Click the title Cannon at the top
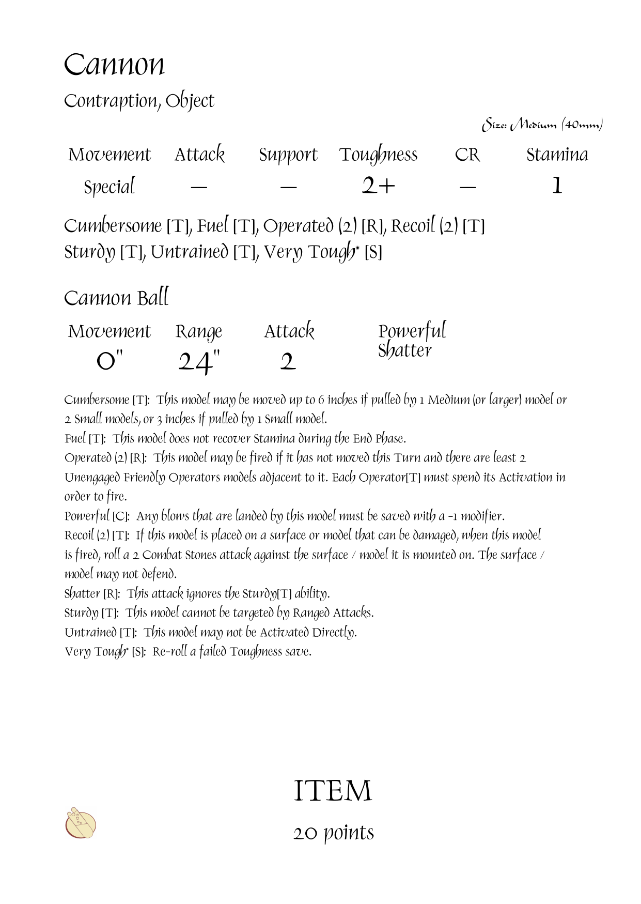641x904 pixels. click(114, 66)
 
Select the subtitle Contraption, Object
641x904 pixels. click(139, 101)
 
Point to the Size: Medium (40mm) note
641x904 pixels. click(542, 125)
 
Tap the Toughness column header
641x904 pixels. click(378, 155)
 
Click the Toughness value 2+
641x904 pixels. click(378, 186)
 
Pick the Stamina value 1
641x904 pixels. click(557, 186)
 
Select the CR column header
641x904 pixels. click(467, 155)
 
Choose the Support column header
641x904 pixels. click(288, 155)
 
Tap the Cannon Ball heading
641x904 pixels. click(116, 298)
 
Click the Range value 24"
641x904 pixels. click(199, 362)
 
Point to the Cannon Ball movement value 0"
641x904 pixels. click(110, 360)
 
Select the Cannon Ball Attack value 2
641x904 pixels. click(288, 362)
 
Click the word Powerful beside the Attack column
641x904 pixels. click(412, 331)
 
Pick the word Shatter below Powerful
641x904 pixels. click(404, 350)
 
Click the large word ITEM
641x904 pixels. click(333, 791)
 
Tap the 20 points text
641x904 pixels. click(334, 833)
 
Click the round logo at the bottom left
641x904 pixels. click(81, 823)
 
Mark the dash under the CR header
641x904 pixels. click(467, 187)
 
